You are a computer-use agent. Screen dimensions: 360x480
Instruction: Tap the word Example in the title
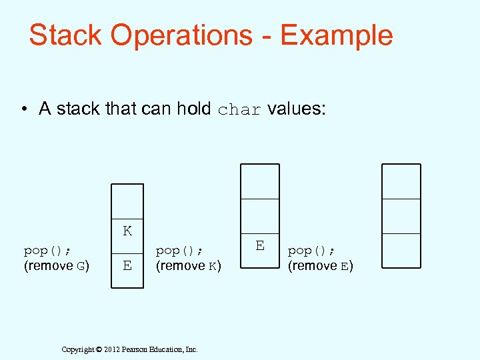pos(336,35)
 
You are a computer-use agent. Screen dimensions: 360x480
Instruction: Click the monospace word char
pos(239,110)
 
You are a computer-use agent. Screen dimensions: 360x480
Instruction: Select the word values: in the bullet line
pos(297,109)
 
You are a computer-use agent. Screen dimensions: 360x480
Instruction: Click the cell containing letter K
pos(127,231)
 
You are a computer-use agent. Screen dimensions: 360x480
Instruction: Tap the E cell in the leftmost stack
pos(127,266)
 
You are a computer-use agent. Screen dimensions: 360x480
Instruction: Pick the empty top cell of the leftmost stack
pos(127,201)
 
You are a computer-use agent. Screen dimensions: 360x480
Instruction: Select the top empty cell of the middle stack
pos(260,181)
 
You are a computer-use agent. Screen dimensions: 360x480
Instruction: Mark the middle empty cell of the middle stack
pos(260,216)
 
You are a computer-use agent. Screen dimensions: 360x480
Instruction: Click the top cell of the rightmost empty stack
pos(401,181)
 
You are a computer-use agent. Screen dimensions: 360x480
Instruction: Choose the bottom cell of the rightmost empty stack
pos(401,251)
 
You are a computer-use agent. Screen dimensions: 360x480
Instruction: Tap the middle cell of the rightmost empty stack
pos(401,216)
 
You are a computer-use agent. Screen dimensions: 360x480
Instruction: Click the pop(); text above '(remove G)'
pos(48,251)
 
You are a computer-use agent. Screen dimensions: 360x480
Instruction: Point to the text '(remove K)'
pos(189,266)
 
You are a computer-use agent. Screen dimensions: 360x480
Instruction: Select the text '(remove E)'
pos(321,266)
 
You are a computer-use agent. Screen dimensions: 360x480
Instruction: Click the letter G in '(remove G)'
pos(80,267)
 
